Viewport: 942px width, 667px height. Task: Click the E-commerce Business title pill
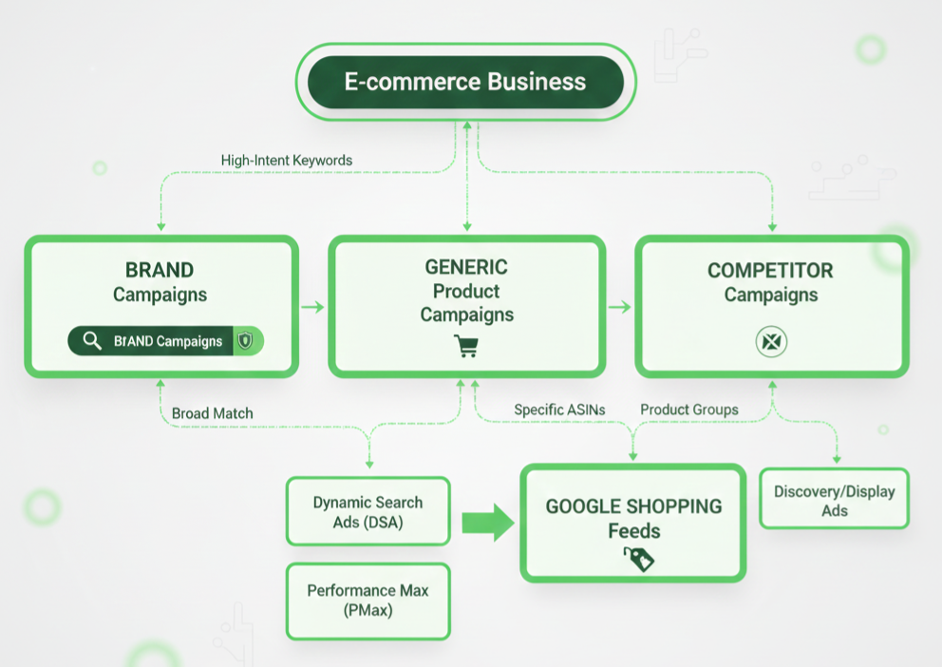(x=465, y=82)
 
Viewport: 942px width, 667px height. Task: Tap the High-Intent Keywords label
(x=286, y=161)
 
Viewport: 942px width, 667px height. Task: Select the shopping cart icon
(x=466, y=346)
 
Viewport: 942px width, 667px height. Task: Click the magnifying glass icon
(x=92, y=341)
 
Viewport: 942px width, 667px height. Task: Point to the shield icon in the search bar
(x=246, y=341)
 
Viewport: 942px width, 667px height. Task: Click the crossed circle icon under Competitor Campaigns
(x=771, y=342)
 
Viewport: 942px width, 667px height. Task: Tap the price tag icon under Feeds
(x=638, y=559)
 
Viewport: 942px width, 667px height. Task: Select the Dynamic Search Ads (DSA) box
(x=367, y=511)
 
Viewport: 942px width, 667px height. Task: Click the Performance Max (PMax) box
(x=367, y=600)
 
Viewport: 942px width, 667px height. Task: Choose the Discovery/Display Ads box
(x=834, y=500)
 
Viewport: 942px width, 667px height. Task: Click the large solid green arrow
(x=487, y=523)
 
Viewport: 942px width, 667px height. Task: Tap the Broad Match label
(x=213, y=413)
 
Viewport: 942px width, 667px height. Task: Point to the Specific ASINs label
(x=559, y=410)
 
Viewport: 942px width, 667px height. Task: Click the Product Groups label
(x=688, y=410)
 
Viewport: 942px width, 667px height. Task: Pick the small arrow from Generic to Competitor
(x=619, y=307)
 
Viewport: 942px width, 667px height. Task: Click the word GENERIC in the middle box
(x=466, y=267)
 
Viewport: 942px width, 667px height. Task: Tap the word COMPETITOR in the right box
(x=770, y=271)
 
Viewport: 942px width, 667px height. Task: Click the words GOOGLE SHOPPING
(x=633, y=506)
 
